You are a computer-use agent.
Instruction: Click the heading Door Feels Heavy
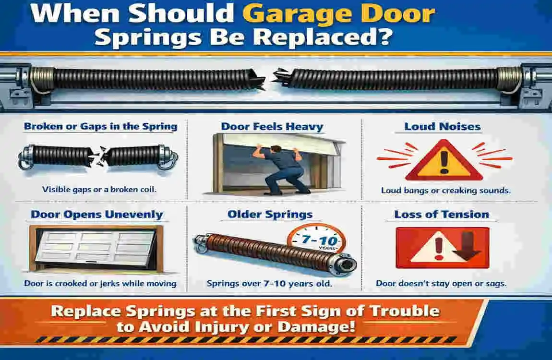(272, 127)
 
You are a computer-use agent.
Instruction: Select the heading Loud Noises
(443, 126)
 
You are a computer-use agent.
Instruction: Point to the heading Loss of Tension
(442, 214)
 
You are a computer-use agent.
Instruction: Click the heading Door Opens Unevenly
(97, 214)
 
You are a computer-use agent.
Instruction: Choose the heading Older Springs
(270, 214)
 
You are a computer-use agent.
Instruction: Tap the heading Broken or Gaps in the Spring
(100, 126)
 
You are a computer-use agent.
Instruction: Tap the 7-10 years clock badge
(317, 240)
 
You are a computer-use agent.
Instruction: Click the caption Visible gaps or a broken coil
(99, 189)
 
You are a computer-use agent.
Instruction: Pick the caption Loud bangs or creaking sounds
(445, 191)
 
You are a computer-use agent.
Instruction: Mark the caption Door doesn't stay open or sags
(441, 283)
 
